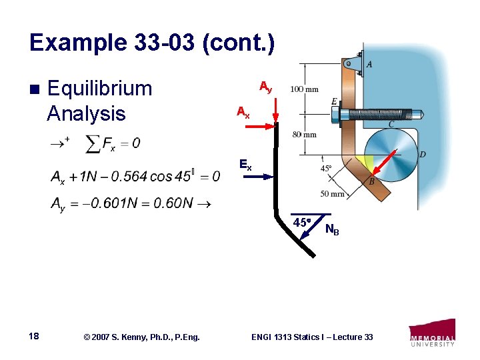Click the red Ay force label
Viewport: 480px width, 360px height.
click(x=265, y=87)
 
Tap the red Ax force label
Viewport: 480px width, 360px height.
click(x=243, y=113)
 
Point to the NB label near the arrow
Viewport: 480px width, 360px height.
click(x=332, y=231)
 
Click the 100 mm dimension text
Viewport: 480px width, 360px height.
click(x=304, y=89)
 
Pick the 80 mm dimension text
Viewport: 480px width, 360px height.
click(x=305, y=135)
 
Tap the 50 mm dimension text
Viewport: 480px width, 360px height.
click(x=332, y=194)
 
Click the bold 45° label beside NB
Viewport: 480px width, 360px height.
click(x=301, y=223)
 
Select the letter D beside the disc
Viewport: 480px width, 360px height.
click(x=422, y=155)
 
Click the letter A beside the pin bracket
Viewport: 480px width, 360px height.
click(x=369, y=65)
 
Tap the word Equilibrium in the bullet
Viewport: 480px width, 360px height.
click(x=100, y=89)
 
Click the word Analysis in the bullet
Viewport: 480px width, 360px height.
click(x=86, y=113)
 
